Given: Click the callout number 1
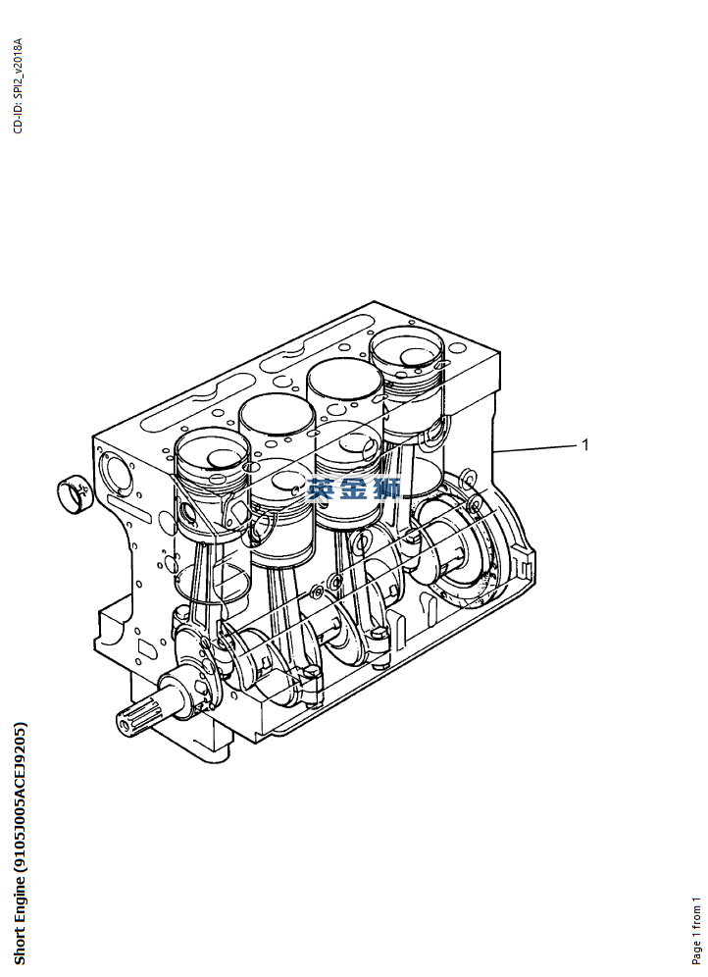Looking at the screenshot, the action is click(x=584, y=445).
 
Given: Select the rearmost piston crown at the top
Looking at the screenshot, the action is click(x=407, y=349).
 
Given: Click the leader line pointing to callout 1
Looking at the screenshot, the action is click(x=535, y=448).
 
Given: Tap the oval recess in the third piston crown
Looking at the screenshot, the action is click(x=355, y=443).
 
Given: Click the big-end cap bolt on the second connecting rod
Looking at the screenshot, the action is click(x=312, y=672).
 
